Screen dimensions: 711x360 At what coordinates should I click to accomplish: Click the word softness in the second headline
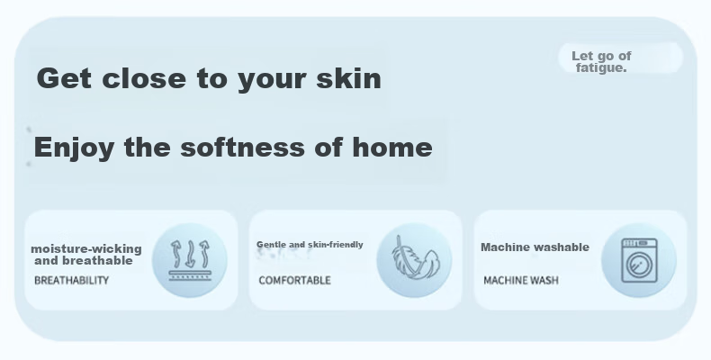[x=243, y=147]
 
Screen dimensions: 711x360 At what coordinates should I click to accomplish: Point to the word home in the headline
[x=392, y=147]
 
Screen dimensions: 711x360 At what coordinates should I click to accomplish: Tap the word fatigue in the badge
[x=601, y=68]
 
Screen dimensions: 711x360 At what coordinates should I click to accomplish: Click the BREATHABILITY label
[x=72, y=280]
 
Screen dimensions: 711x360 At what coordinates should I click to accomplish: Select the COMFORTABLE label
[x=294, y=280]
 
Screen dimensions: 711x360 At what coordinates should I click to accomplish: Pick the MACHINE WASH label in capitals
[x=521, y=280]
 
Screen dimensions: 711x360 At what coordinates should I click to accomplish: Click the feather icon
[x=414, y=259]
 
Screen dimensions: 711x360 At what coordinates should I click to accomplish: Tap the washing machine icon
[x=639, y=260]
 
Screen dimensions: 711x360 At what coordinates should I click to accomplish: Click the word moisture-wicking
[x=86, y=249]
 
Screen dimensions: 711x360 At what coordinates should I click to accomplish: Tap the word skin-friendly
[x=336, y=245]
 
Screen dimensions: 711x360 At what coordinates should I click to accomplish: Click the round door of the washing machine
[x=638, y=265]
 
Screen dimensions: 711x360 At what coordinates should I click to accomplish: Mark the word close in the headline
[x=144, y=78]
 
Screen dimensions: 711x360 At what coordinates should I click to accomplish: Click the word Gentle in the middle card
[x=271, y=245]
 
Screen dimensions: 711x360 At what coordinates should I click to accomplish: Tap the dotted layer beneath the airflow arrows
[x=190, y=275]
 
